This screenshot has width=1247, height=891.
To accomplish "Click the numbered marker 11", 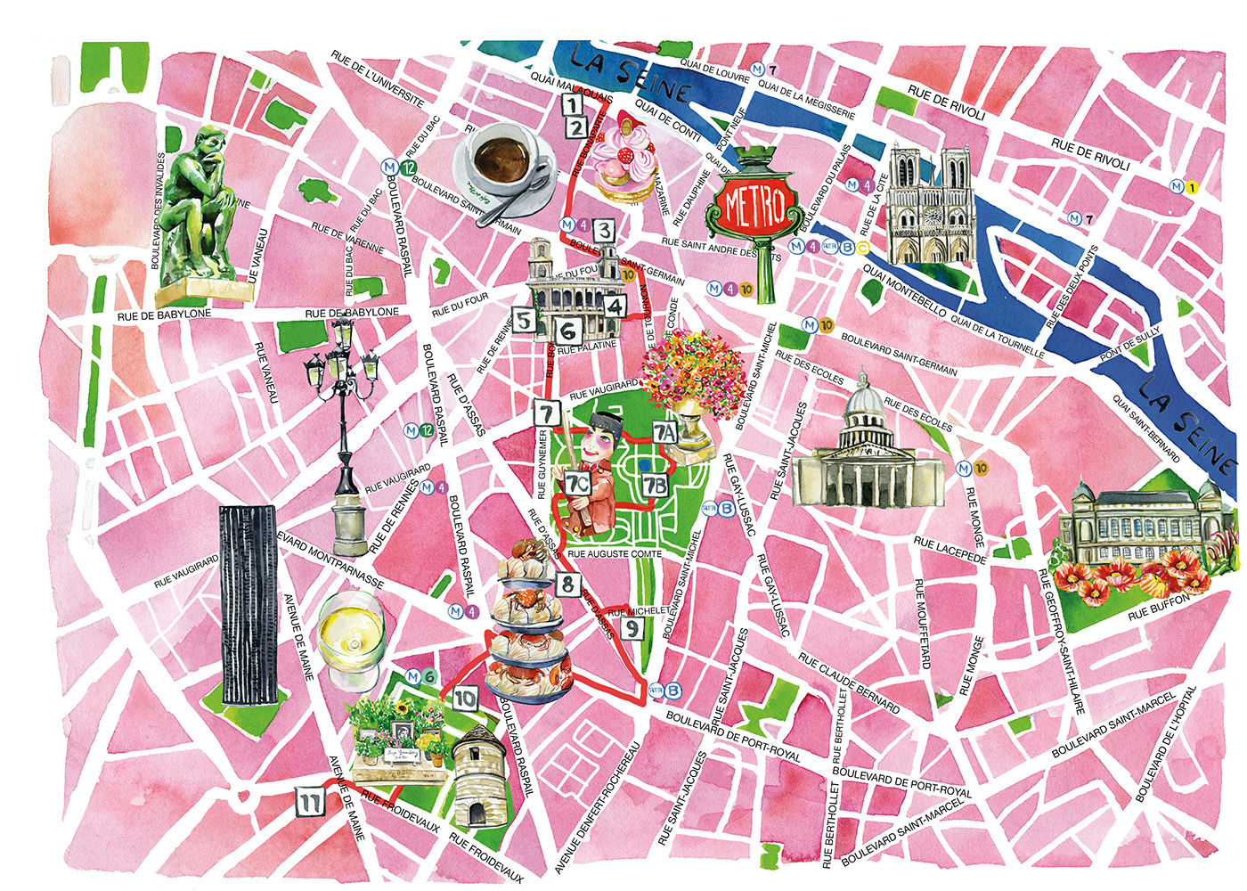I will coord(309,802).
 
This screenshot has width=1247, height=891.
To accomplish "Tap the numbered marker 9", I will coord(631,628).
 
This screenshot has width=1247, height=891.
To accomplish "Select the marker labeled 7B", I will coord(655,485).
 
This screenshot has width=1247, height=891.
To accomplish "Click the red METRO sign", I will coord(754,207).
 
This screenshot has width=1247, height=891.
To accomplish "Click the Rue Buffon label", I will coord(1158,609).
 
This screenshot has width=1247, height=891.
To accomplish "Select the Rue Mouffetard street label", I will coord(923,624).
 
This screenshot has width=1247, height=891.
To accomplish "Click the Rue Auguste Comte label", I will coord(615,553).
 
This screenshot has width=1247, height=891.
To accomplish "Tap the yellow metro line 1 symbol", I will coord(1193,187).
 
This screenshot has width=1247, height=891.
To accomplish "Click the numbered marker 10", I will coord(464,699).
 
